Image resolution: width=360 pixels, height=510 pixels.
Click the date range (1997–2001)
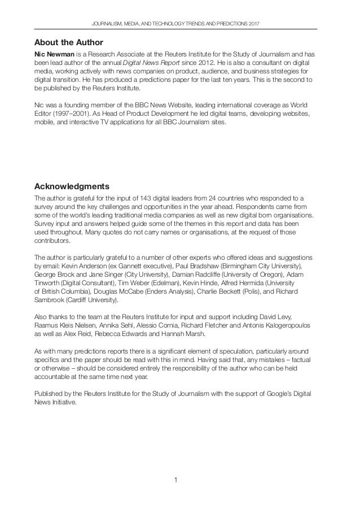click(67, 113)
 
